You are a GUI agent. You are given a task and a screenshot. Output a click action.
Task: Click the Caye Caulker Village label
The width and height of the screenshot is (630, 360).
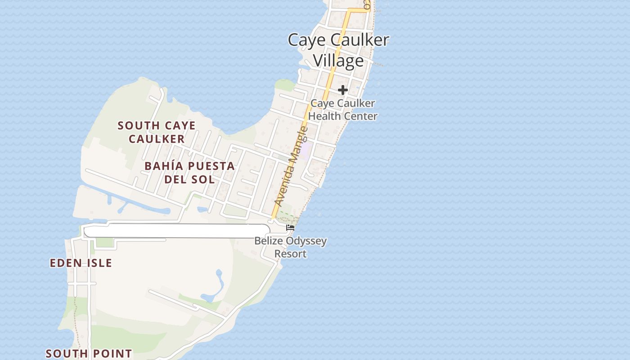point(338,50)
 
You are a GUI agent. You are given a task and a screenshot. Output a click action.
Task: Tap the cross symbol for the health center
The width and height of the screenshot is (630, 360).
point(343,90)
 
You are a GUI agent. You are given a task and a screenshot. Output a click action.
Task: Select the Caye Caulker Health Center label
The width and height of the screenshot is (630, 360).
point(343,110)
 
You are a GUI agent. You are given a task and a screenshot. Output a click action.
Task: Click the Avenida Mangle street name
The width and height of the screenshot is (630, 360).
point(291,167)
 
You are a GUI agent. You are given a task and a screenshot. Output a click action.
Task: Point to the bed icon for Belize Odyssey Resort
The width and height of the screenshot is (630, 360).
point(290,228)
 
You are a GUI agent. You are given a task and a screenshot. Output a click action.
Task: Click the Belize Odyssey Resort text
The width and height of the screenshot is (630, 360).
point(291,247)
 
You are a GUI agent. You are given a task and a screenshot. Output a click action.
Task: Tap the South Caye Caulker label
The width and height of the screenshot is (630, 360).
point(157,132)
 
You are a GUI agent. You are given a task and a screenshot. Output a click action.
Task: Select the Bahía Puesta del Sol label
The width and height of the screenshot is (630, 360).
point(189,173)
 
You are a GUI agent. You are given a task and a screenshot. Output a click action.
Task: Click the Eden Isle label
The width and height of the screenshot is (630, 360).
point(81,263)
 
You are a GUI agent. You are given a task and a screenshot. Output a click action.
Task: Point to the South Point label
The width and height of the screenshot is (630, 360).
point(89,354)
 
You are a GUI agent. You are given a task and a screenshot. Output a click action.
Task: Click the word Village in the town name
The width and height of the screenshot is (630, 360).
point(338,61)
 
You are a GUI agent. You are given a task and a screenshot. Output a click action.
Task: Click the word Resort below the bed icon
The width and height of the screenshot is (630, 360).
point(291,254)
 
